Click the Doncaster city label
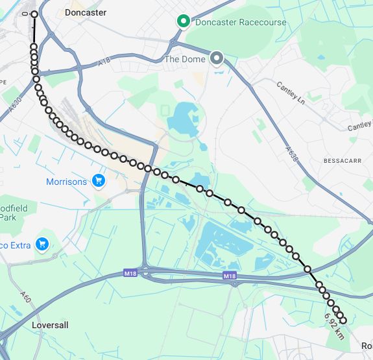86,12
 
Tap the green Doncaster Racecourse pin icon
184,22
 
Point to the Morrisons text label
66,182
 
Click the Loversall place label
49,324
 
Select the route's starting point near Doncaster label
34,14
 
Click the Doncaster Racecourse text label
241,22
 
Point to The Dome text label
185,59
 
